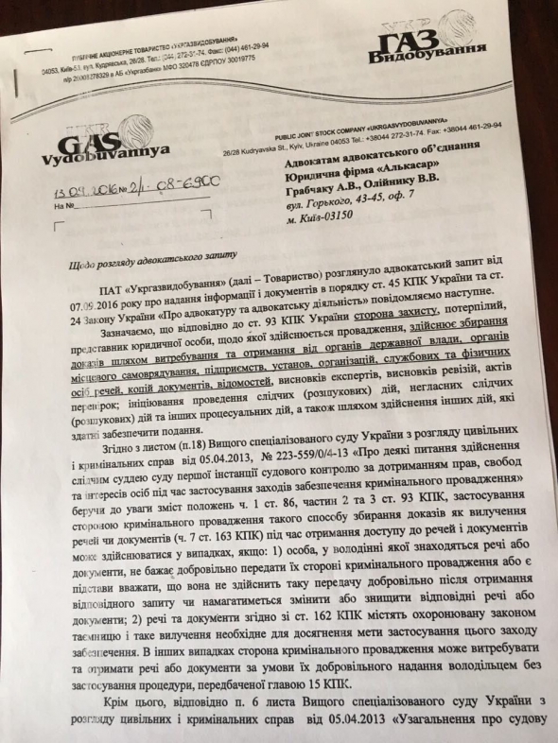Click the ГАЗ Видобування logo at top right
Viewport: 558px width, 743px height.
click(x=417, y=44)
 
